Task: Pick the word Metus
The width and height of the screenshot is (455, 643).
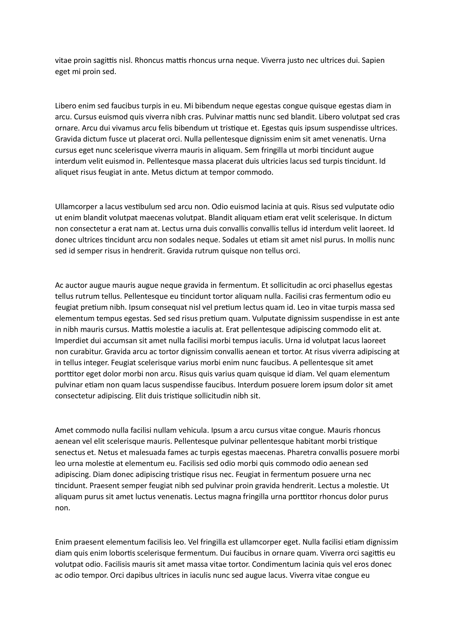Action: click(161, 172)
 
